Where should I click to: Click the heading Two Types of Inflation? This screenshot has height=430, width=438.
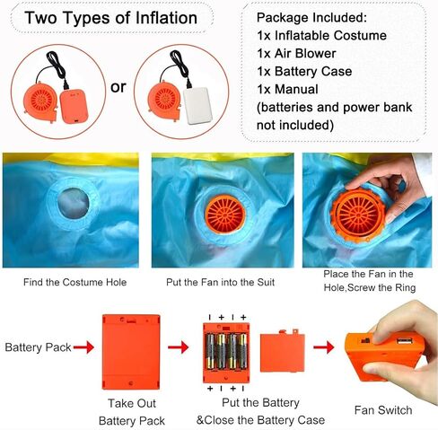111,18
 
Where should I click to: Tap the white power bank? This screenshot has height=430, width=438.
197,106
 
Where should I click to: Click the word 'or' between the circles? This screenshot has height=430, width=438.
118,87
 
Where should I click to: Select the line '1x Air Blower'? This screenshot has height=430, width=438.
296,54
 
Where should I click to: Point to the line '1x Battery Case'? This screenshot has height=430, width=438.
304,72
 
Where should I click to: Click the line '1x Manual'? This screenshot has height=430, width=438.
287,90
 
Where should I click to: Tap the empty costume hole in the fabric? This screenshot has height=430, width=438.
73,204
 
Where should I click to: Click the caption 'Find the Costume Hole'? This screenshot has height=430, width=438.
74,282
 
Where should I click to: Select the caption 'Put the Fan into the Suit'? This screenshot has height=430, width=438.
220,282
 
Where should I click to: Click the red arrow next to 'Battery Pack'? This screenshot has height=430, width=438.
83,347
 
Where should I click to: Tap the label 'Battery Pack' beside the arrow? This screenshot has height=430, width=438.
38,347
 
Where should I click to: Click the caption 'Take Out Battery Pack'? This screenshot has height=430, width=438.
132,412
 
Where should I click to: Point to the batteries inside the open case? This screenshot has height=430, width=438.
227,351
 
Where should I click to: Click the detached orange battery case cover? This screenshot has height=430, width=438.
283,353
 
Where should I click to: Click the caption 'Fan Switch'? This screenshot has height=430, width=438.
383,410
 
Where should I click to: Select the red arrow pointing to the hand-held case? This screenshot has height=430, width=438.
324,347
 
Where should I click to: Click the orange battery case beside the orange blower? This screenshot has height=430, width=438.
74,106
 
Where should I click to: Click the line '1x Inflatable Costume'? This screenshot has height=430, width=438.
321,36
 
